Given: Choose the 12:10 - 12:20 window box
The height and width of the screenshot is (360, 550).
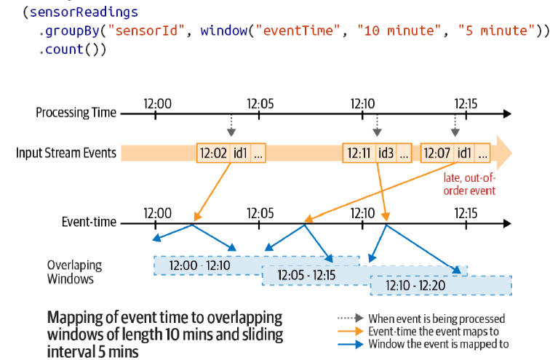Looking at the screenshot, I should [x=415, y=285].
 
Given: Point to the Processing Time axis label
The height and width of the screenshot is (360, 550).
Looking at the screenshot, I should [x=76, y=113].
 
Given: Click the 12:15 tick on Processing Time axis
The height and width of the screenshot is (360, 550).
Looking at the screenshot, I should [x=466, y=113].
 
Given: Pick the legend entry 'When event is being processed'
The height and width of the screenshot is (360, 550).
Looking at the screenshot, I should [x=437, y=319].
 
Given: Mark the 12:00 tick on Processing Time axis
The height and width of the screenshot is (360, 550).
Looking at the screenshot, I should [x=158, y=113].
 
